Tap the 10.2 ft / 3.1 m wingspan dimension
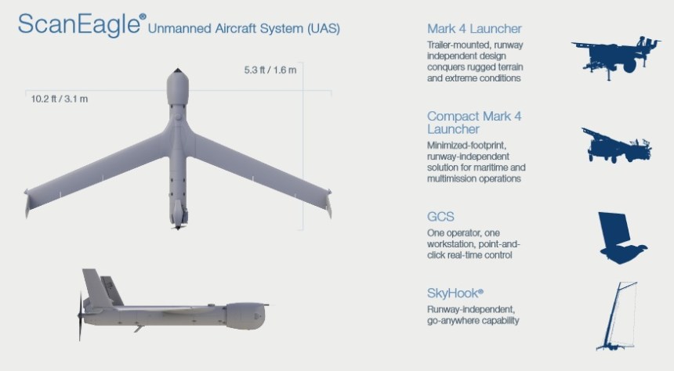(x=60, y=99)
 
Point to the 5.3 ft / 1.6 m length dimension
(x=270, y=71)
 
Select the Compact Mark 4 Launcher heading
(x=474, y=122)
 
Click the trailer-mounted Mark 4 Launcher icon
(x=615, y=57)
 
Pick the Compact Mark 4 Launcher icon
(x=616, y=146)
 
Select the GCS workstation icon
(x=618, y=236)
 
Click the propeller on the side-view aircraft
(x=80, y=316)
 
